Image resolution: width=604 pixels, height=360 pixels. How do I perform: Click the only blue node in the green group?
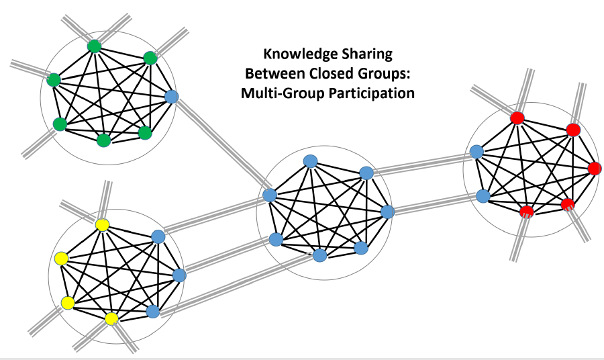(x=171, y=97)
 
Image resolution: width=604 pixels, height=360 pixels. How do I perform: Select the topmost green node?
(x=94, y=46)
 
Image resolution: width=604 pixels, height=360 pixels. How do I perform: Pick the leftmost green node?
(x=54, y=80)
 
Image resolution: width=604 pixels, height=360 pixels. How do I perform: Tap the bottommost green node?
(x=103, y=140)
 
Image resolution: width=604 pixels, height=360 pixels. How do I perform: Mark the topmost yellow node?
(x=102, y=225)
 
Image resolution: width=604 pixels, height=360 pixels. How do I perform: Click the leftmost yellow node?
(x=61, y=258)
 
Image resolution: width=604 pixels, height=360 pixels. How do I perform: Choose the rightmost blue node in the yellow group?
(x=179, y=275)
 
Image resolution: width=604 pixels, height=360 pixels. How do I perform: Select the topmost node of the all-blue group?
(x=310, y=161)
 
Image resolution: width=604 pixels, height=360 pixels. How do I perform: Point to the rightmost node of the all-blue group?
(x=387, y=212)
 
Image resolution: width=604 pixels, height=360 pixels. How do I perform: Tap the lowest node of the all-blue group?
(x=319, y=255)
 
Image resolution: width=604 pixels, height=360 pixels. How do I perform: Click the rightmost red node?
(x=594, y=168)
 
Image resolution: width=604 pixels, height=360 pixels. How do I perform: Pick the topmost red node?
(x=517, y=118)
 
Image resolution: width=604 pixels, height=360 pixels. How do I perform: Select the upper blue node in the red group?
(x=476, y=152)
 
